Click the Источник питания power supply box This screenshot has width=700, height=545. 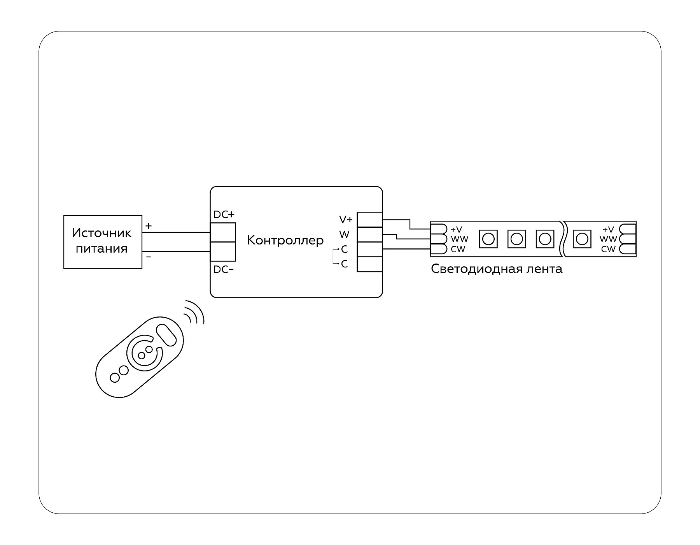[103, 242]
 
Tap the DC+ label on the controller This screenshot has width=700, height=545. [224, 214]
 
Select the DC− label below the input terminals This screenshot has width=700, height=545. [224, 269]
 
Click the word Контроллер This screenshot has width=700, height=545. [285, 240]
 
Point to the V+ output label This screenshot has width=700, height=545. [346, 220]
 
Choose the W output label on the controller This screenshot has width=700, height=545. [344, 235]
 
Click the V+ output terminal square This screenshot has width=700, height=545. [369, 220]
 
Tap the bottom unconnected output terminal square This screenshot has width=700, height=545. [369, 264]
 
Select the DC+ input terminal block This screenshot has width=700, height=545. [223, 232]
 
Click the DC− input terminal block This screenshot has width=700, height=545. [223, 251]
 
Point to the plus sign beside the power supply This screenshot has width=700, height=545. [149, 226]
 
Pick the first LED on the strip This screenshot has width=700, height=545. [488, 238]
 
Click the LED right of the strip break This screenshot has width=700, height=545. [582, 238]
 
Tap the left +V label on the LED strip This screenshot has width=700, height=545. [456, 229]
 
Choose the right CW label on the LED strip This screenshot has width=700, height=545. [608, 249]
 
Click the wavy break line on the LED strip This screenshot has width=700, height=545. [563, 239]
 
